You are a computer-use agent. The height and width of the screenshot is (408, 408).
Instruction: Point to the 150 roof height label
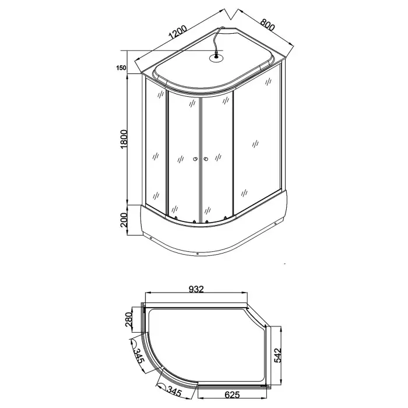[121, 68]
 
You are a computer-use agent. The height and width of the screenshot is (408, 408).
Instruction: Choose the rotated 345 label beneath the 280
[138, 353]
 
